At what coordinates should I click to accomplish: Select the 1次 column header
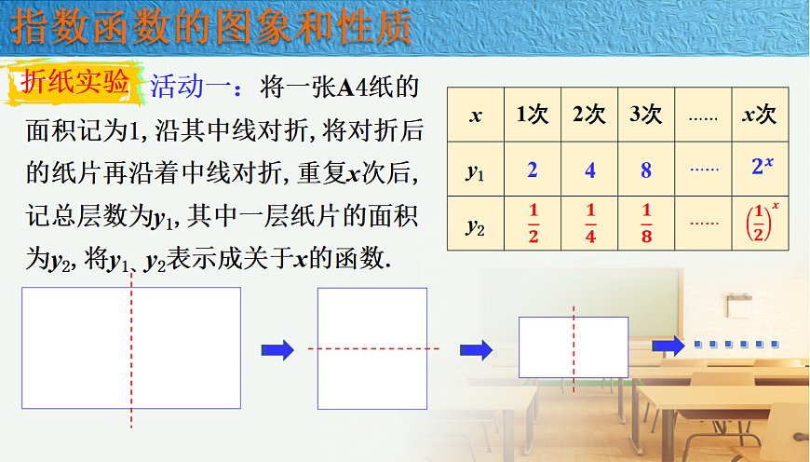pos(533,115)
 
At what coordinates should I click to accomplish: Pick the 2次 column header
pos(589,115)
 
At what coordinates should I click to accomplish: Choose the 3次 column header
pos(646,115)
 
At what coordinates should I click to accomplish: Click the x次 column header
pos(760,115)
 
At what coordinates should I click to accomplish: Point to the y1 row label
pos(476,170)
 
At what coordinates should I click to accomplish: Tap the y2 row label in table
pos(476,224)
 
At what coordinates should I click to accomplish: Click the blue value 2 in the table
pos(533,170)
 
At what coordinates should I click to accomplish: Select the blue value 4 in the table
pos(589,170)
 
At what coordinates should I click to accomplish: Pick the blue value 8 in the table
pos(646,170)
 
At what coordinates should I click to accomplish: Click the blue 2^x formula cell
pos(760,168)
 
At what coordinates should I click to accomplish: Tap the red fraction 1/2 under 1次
pos(533,224)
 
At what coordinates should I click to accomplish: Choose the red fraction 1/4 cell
pos(589,224)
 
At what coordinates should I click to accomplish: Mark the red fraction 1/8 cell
pos(646,224)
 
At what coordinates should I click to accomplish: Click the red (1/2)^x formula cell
pos(760,224)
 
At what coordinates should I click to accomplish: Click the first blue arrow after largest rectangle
pos(277,349)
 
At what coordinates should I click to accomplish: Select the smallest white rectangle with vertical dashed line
pos(573,346)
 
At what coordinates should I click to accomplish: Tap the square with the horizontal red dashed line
pos(371,348)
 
